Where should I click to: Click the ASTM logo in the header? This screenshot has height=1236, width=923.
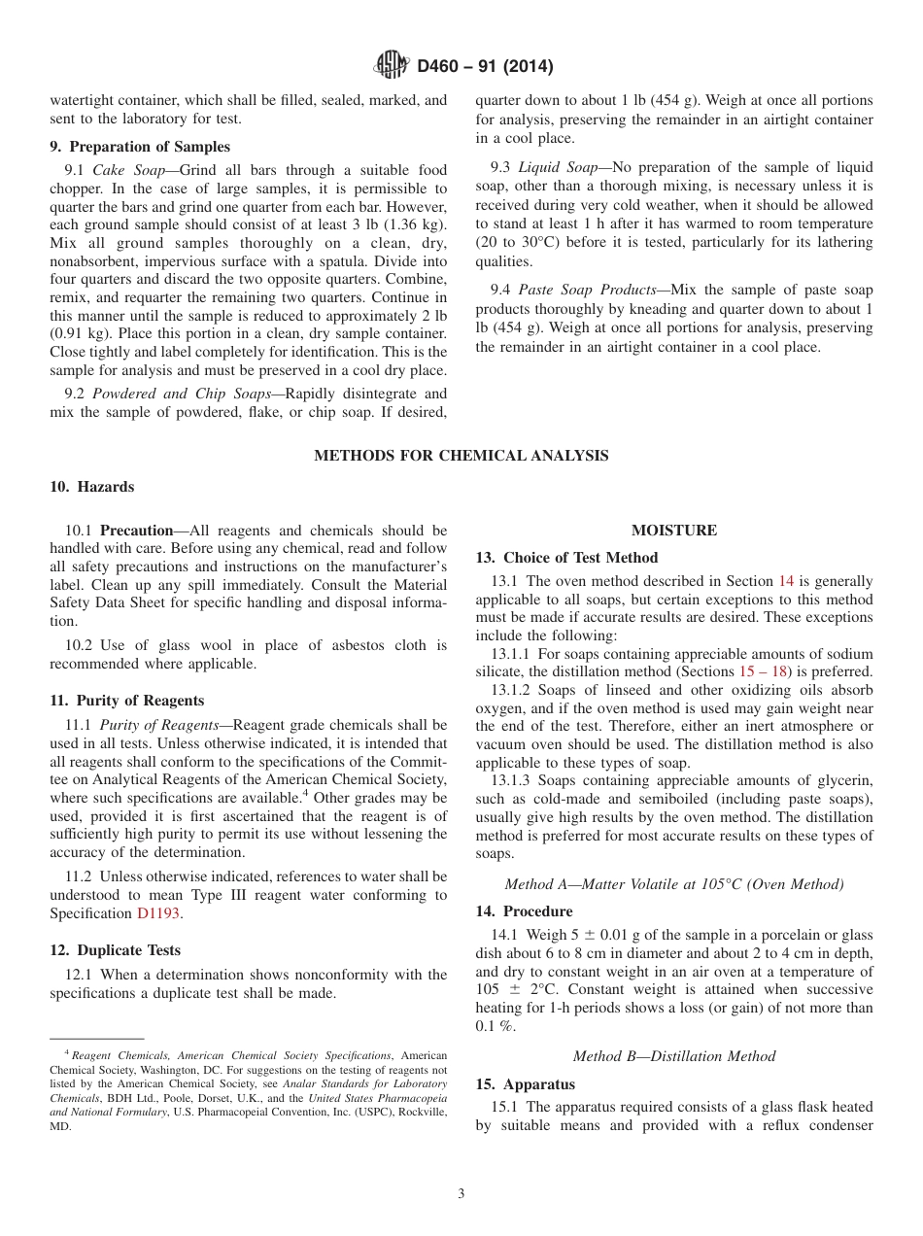pos(392,66)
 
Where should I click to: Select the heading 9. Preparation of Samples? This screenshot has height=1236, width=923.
pos(140,147)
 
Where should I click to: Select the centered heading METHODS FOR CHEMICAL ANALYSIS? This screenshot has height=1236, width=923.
pos(461,455)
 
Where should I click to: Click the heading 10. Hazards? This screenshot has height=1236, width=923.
pos(91,487)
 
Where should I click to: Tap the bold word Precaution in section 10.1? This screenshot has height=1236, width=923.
pos(137,531)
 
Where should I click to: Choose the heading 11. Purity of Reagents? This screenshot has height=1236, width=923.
pos(126,701)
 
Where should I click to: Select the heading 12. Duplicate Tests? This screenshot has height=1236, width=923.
pos(115,950)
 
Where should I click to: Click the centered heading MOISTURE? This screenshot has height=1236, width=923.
pos(673,531)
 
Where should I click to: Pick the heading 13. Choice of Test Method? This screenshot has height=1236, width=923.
pos(566,558)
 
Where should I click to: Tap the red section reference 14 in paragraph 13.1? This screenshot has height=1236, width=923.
pos(786,581)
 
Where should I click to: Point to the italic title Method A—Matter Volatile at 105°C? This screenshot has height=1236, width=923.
pos(673,884)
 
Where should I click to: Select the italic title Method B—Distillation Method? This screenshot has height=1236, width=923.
pos(673,1056)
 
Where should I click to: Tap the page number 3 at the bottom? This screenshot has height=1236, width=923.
pos(461,1194)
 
